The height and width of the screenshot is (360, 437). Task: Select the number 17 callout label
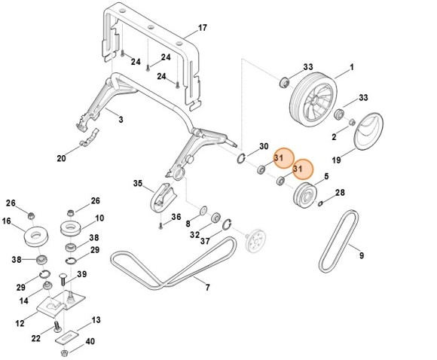[202, 29]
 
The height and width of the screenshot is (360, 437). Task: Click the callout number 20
[61, 158]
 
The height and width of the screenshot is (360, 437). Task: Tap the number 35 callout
[137, 183]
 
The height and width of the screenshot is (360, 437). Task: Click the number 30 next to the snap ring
[264, 145]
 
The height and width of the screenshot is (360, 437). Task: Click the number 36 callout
[176, 218]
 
